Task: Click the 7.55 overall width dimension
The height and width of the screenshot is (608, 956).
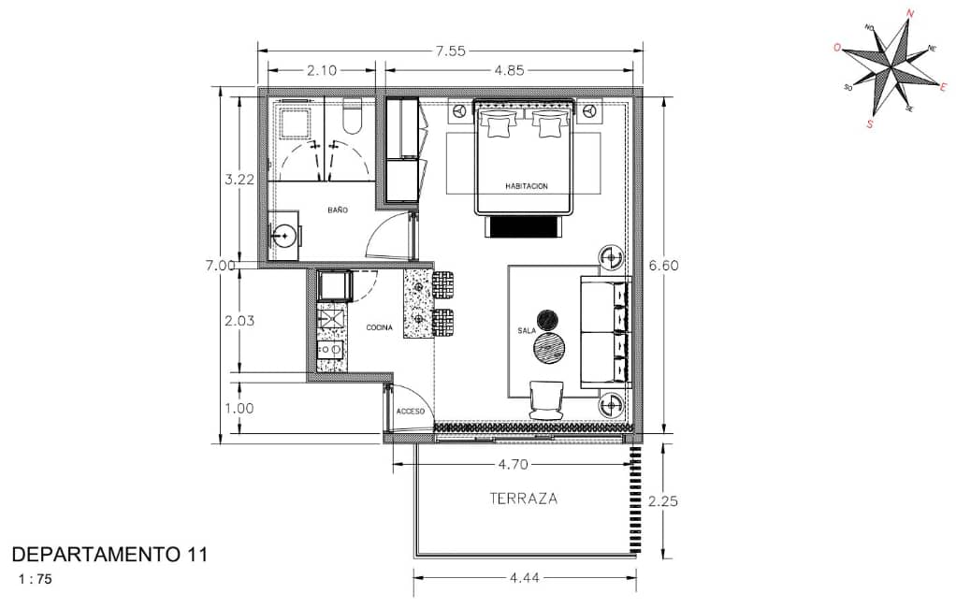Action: point(451,51)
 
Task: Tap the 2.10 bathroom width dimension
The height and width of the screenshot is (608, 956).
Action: point(321,71)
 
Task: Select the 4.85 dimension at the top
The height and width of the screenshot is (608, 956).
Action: point(509,71)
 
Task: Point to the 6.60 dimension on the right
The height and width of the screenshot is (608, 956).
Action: point(663,266)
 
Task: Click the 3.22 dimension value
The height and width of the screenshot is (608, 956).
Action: point(239,180)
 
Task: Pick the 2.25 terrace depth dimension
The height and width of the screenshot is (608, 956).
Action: point(662,501)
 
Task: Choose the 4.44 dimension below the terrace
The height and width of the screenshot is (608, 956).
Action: point(525,577)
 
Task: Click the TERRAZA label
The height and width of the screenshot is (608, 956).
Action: point(524,499)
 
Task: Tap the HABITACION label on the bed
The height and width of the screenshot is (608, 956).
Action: point(526,186)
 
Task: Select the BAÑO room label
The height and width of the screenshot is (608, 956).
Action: point(337,210)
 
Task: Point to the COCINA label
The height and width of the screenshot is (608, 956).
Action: point(379,328)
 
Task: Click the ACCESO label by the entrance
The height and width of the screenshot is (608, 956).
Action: point(411,412)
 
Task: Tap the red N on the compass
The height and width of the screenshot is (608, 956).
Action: point(910,13)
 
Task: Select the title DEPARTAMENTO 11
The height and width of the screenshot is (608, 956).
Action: point(109,555)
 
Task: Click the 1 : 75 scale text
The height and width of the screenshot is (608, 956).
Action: point(36,579)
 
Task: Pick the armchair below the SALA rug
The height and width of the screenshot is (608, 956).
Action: point(547,400)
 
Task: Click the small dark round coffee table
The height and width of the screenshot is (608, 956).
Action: point(547,320)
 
